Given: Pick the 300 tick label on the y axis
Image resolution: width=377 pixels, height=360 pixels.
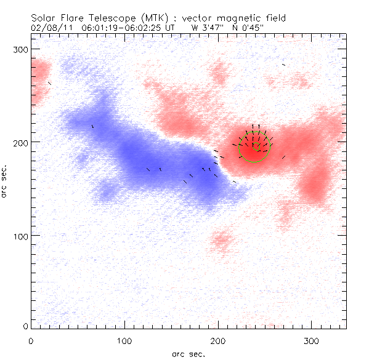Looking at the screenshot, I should click(20, 49).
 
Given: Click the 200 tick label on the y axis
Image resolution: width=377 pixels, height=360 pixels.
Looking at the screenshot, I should click(20, 142).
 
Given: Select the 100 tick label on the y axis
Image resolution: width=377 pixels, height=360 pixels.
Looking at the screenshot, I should click(20, 236).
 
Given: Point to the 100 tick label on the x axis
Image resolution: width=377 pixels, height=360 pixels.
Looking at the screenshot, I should click(124, 340).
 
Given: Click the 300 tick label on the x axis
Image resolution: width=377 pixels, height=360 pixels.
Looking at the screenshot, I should click(312, 340).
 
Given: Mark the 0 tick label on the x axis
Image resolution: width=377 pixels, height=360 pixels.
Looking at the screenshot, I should click(31, 340).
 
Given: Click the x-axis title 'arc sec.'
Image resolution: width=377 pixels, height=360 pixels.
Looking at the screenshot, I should click(188, 354).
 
